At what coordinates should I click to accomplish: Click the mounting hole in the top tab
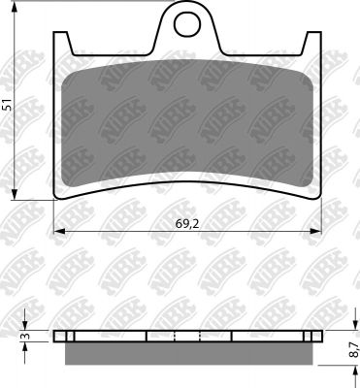point(186,24)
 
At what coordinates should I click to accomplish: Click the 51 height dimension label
point(8,105)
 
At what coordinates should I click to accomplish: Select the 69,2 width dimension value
point(187,223)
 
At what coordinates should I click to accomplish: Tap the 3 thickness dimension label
point(24,337)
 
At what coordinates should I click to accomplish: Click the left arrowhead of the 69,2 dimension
point(58,231)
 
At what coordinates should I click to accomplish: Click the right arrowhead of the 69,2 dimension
point(316,231)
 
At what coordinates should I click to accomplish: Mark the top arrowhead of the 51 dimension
point(14,7)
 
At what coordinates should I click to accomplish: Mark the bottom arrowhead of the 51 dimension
point(14,194)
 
